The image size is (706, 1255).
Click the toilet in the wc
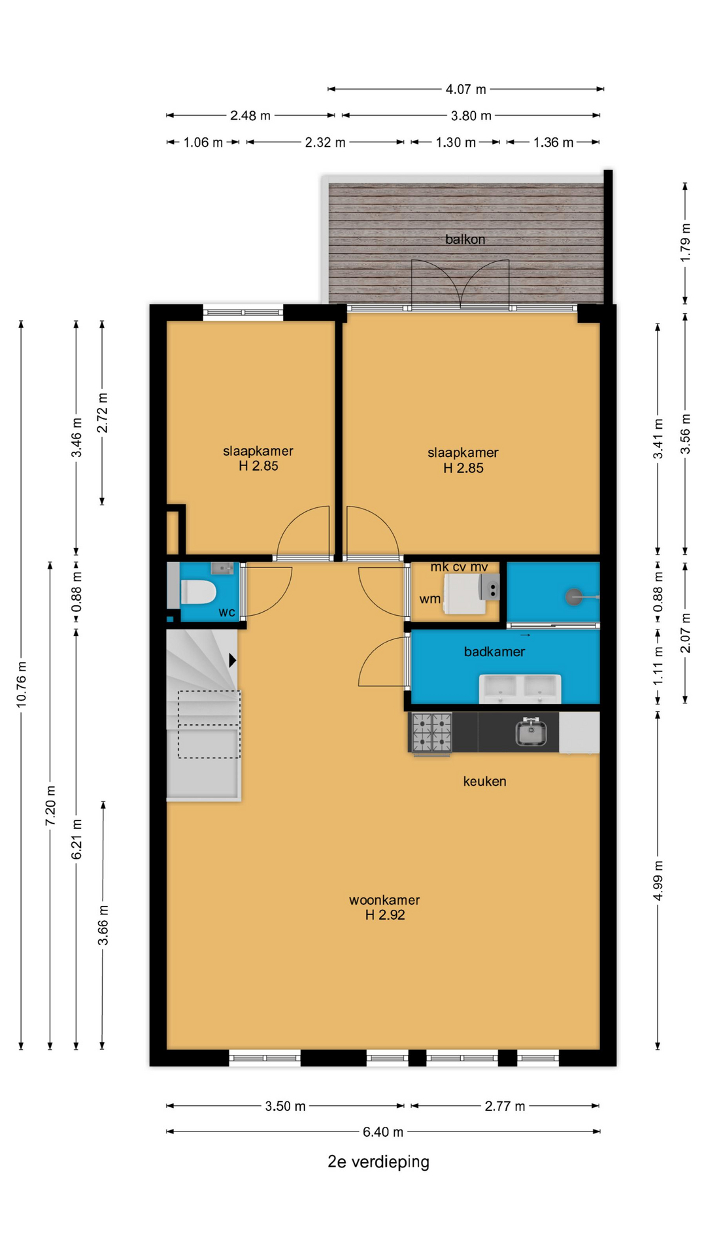click(x=198, y=592)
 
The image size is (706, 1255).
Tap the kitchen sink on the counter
click(x=531, y=731)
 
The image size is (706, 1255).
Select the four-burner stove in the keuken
click(x=431, y=732)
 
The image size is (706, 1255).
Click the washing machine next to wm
click(x=465, y=594)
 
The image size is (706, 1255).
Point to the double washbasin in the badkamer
click(x=520, y=688)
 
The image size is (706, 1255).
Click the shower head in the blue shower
click(x=575, y=596)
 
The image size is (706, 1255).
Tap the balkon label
click(x=465, y=239)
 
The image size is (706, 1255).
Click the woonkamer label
click(x=384, y=900)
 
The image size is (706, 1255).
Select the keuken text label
click(x=484, y=781)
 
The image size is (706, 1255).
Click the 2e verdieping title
click(x=378, y=1162)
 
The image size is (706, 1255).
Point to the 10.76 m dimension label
click(x=22, y=684)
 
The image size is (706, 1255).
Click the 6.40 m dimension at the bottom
click(x=383, y=1131)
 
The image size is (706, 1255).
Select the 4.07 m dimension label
click(x=466, y=89)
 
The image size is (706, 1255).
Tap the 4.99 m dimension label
click(x=658, y=880)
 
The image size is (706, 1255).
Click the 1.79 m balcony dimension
click(x=685, y=243)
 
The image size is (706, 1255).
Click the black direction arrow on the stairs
click(x=232, y=660)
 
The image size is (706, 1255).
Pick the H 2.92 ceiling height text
click(x=385, y=915)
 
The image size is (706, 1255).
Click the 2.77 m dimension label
click(x=505, y=1106)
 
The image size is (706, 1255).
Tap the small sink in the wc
click(x=222, y=568)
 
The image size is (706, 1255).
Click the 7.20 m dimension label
click(x=50, y=805)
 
